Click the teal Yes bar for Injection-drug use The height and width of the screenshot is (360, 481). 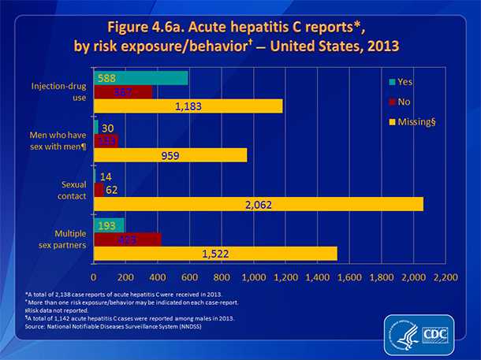pos(141,78)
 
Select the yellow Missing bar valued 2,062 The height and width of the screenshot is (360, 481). pos(259,204)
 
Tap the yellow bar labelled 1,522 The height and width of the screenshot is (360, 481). pos(215,253)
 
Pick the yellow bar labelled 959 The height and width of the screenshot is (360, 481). pos(170,155)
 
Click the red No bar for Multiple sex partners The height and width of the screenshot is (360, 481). pos(127,239)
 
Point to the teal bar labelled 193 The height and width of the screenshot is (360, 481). pos(109,225)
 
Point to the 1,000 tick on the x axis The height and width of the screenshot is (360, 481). pos(254,279)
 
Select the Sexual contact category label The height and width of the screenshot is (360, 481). pos(69,189)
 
